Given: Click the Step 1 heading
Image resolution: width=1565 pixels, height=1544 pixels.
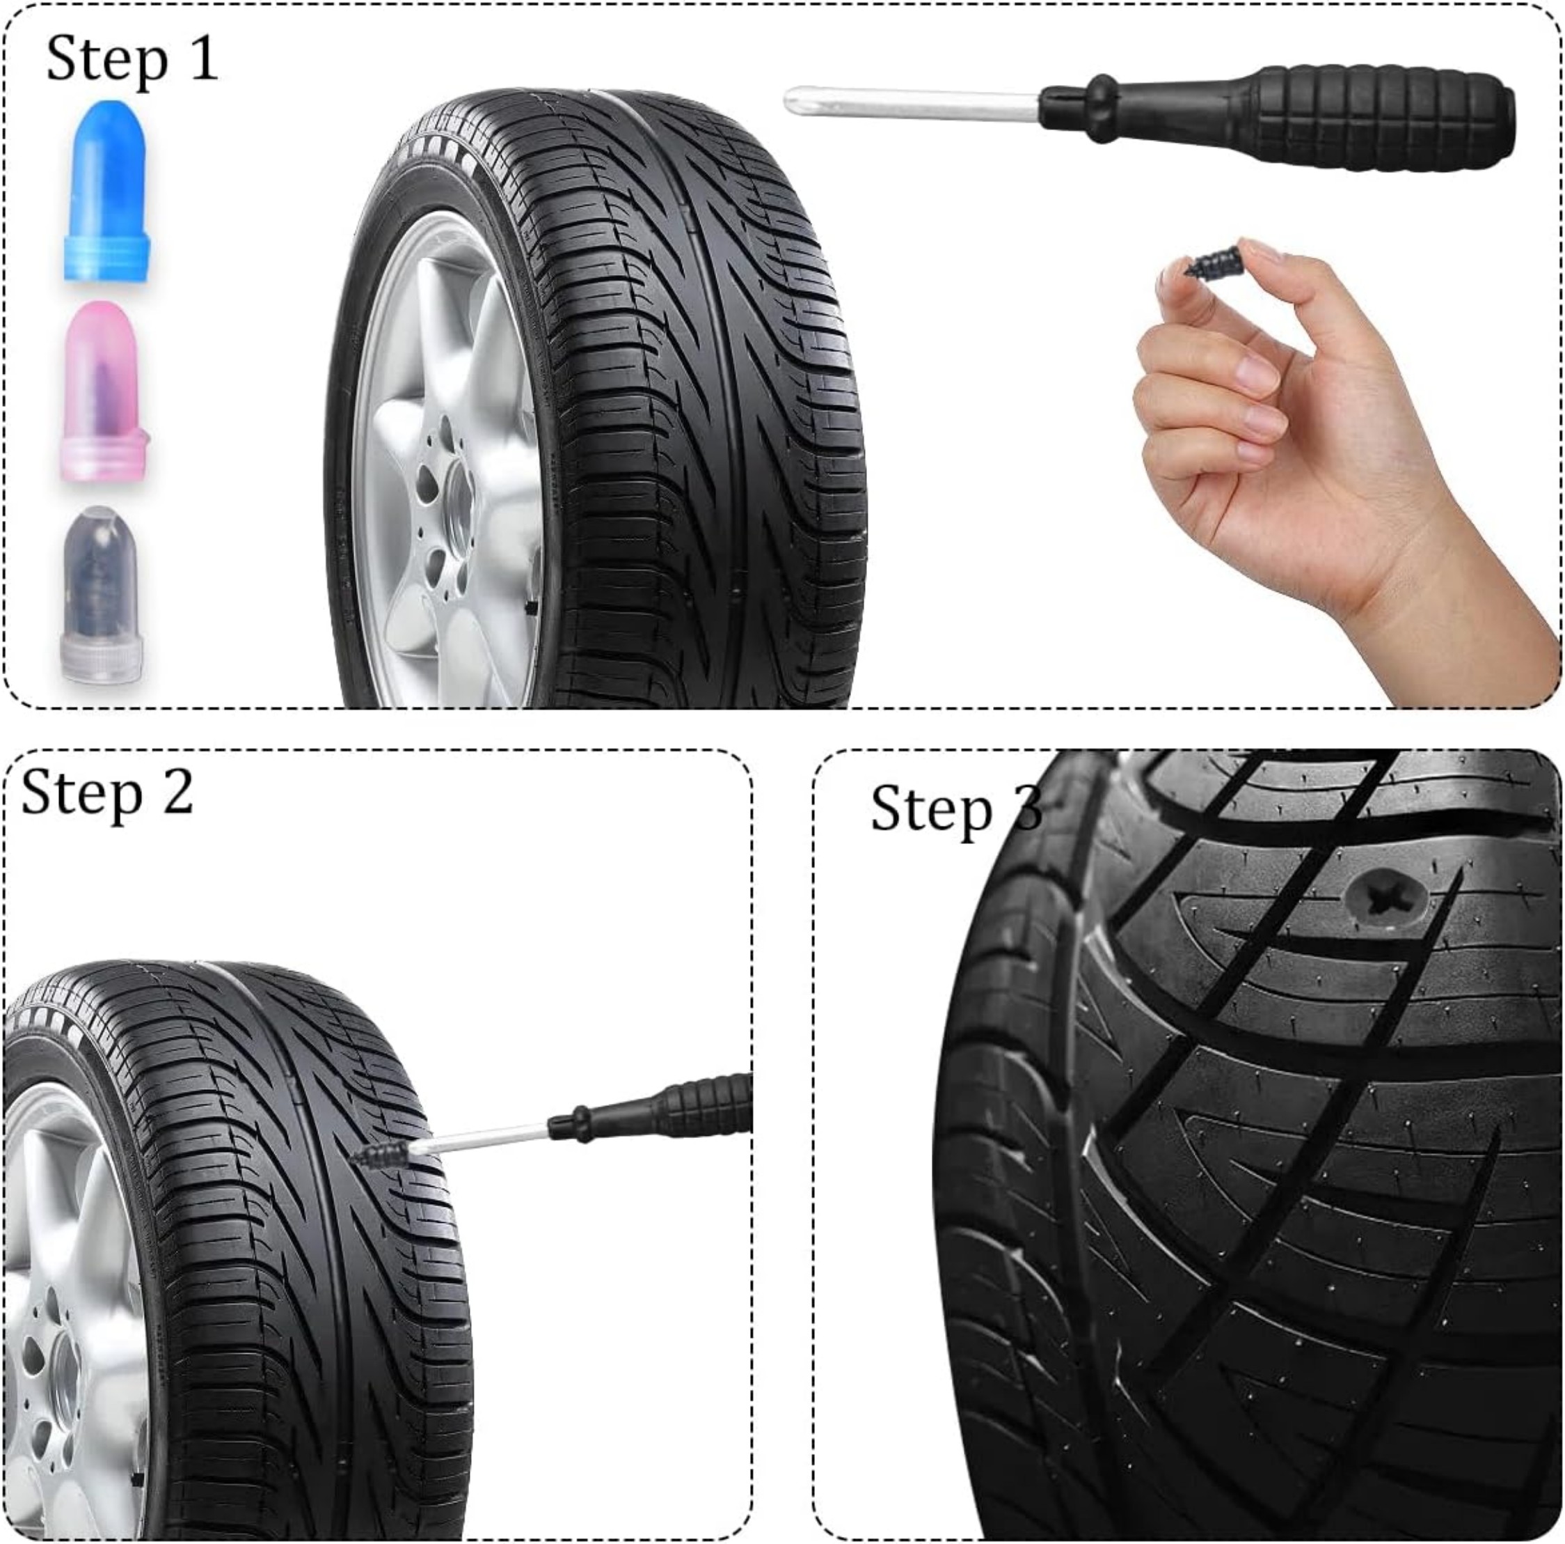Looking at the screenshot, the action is point(132,59).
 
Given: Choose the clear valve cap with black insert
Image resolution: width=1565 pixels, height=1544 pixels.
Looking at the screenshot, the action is point(103,593).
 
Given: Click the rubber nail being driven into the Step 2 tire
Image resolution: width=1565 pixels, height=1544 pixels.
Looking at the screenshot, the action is point(381,1151).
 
